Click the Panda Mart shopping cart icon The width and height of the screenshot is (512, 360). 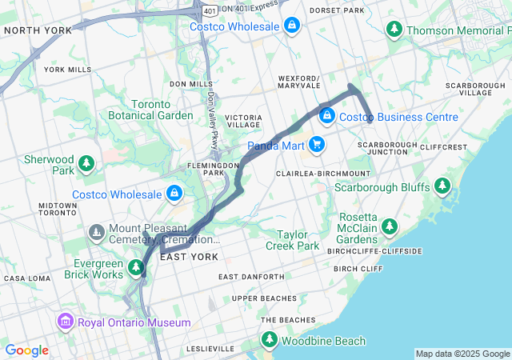point(318,145)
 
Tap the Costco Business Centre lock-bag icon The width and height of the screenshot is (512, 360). point(326,117)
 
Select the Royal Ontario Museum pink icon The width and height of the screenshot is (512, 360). point(65,322)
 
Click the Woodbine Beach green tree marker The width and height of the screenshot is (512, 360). point(270,341)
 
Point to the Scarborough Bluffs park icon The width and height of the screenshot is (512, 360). point(443,187)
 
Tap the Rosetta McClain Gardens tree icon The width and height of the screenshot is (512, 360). point(390,227)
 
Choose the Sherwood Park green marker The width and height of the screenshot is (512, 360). point(86,164)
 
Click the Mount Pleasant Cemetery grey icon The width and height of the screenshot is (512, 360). point(97,233)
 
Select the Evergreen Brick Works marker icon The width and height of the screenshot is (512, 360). point(129,269)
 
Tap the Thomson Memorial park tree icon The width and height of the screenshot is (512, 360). point(394,30)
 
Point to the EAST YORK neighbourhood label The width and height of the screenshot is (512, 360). point(189,257)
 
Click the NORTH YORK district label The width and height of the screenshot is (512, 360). point(38,30)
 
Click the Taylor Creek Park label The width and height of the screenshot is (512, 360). point(298,240)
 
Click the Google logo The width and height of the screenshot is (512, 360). point(26,350)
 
